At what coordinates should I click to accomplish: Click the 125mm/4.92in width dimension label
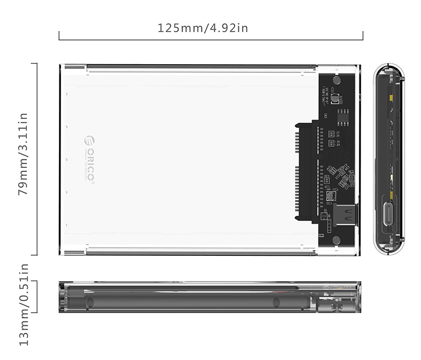coord(203,27)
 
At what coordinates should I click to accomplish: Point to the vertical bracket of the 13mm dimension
coord(37,296)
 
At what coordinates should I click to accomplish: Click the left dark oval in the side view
coord(89,302)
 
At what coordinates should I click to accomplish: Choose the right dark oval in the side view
coord(275,302)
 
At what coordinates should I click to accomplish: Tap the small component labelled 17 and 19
coord(330,134)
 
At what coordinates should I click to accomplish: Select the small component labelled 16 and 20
coord(330,143)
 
